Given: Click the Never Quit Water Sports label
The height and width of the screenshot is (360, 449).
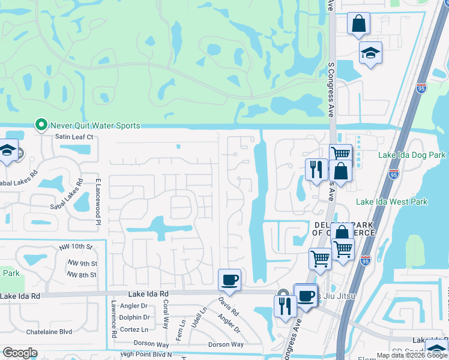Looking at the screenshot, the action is [x=95, y=125].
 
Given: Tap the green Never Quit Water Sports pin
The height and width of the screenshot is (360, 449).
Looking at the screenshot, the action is [x=41, y=125].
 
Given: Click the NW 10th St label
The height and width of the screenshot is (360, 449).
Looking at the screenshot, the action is [x=80, y=247].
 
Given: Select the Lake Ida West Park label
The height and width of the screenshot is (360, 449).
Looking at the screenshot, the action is [x=392, y=202].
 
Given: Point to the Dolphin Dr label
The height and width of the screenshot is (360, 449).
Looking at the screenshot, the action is [x=134, y=317].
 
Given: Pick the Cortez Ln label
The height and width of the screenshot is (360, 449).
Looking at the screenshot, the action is [x=134, y=329].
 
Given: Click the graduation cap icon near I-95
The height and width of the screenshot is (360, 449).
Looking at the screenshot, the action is [x=370, y=53].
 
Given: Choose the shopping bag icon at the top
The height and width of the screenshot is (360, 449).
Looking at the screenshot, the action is [x=358, y=24].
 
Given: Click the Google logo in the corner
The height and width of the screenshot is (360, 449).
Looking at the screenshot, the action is [x=20, y=352].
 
